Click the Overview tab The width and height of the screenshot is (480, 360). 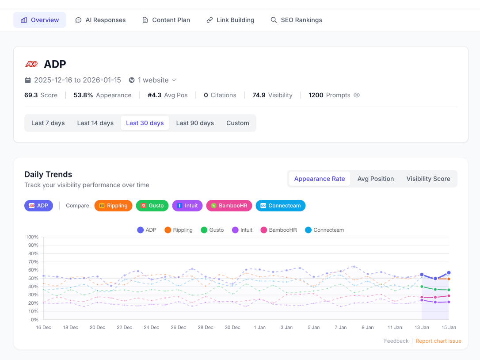tap(40, 20)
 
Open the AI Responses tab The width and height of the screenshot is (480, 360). tap(100, 20)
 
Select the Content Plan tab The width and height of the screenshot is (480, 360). tap(166, 20)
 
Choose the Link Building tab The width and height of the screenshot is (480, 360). tap(230, 20)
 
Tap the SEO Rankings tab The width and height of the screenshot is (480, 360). tap(296, 20)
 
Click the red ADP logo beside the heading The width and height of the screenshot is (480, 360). tap(31, 64)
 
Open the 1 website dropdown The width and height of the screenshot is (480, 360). tap(152, 80)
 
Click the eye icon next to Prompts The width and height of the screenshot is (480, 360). tap(357, 95)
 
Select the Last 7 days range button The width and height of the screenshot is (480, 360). tap(48, 123)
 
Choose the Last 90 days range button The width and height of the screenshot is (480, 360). tap(195, 123)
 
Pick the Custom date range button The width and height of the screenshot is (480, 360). tap(238, 123)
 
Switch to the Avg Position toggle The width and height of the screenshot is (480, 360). tap(376, 179)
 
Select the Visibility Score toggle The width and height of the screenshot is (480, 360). tap(428, 179)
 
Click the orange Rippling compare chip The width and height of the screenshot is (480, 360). tap(113, 206)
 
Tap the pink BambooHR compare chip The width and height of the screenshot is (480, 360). tap(229, 206)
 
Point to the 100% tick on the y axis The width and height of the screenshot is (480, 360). tap(32, 237)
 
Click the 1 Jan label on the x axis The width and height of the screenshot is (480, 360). tap(259, 327)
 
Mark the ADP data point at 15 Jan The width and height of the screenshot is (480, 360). tap(449, 273)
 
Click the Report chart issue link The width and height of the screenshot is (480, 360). tap(438, 341)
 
